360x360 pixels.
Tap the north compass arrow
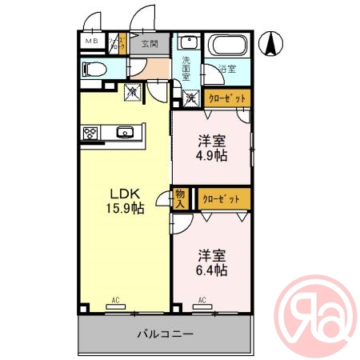[273, 42]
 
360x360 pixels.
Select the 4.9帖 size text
[214, 155]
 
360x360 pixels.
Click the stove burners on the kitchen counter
[88, 134]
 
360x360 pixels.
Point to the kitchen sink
[124, 133]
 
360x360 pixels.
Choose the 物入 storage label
[180, 198]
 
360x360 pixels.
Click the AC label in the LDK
[116, 300]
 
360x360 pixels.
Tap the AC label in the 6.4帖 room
[202, 300]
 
